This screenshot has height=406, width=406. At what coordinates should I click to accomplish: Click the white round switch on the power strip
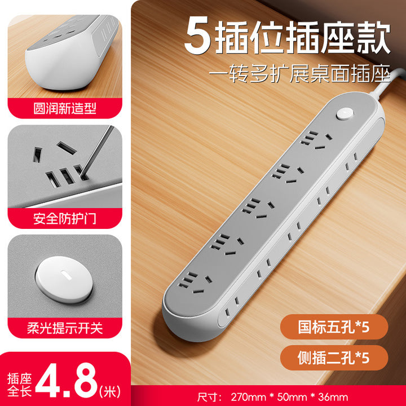click(x=345, y=114)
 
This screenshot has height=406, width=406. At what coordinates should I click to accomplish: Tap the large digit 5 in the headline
click(x=198, y=35)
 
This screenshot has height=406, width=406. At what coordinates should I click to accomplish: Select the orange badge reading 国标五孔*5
click(x=334, y=326)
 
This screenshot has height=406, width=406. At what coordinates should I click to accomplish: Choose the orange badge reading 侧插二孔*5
click(x=334, y=358)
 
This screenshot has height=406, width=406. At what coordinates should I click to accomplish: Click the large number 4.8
click(x=67, y=380)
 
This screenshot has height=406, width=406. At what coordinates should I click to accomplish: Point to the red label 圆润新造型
click(x=65, y=108)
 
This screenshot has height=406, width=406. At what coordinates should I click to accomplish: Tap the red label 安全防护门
click(x=65, y=218)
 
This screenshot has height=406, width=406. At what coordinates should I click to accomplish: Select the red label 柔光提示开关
click(x=65, y=328)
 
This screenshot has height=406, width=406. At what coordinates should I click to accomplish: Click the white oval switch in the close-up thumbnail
click(x=64, y=279)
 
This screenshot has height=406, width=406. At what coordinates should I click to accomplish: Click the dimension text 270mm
click(x=248, y=397)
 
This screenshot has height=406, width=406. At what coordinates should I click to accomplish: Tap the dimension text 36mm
click(x=333, y=397)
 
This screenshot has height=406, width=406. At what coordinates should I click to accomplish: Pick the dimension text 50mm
click(x=292, y=397)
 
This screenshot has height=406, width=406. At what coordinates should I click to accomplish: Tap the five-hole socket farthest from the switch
click(x=194, y=283)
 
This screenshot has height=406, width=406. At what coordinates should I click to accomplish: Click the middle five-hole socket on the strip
click(x=257, y=208)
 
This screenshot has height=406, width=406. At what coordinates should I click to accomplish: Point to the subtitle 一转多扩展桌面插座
click(x=299, y=73)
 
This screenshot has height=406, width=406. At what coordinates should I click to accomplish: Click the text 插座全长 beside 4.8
click(x=19, y=385)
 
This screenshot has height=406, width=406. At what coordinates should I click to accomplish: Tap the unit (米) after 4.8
click(x=110, y=391)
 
